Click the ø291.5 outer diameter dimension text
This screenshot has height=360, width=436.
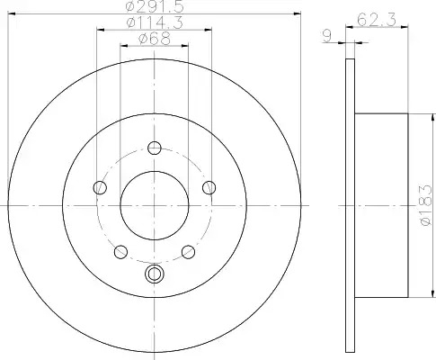click(x=155, y=6)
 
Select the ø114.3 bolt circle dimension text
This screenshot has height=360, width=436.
click(x=155, y=22)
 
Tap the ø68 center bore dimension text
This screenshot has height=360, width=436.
click(x=155, y=39)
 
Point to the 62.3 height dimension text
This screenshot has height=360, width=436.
click(x=377, y=20)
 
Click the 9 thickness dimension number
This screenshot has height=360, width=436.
click(x=327, y=36)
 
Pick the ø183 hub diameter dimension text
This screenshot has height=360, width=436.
click(x=426, y=205)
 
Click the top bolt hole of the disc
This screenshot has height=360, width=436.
click(x=155, y=148)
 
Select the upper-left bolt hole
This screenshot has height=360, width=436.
click(x=100, y=188)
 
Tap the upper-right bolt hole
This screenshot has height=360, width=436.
click(x=209, y=188)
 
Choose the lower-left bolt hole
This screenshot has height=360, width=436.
click(x=120, y=252)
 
